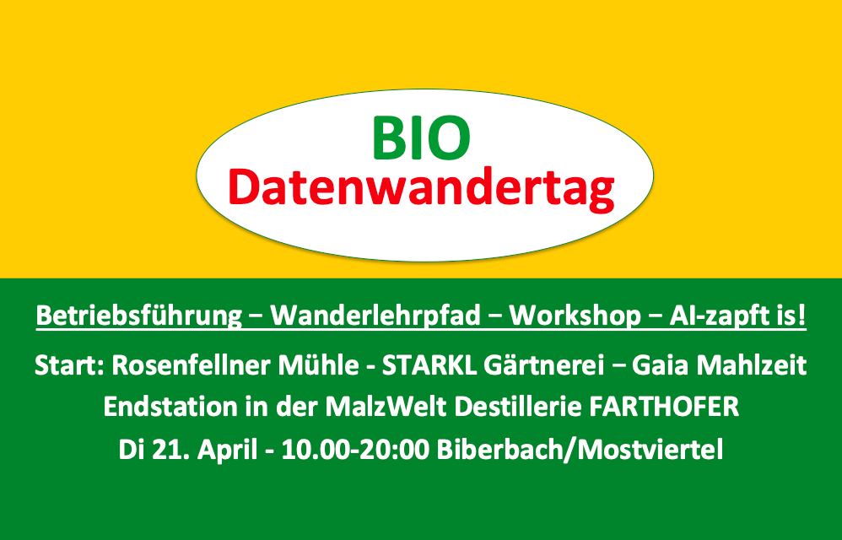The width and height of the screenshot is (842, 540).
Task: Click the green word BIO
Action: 422,138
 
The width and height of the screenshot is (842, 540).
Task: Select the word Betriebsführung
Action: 139,316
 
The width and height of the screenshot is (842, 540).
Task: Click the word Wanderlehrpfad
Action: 375,316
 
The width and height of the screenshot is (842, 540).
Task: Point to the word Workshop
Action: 575,316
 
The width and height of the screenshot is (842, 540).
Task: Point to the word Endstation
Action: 170,407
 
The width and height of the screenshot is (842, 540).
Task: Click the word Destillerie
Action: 518,407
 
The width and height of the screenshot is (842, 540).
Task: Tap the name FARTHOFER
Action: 664,407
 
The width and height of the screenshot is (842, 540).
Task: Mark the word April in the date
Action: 228,450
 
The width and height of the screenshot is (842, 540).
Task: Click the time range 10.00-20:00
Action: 355,450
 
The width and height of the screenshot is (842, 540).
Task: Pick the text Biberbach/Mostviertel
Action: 580,450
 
